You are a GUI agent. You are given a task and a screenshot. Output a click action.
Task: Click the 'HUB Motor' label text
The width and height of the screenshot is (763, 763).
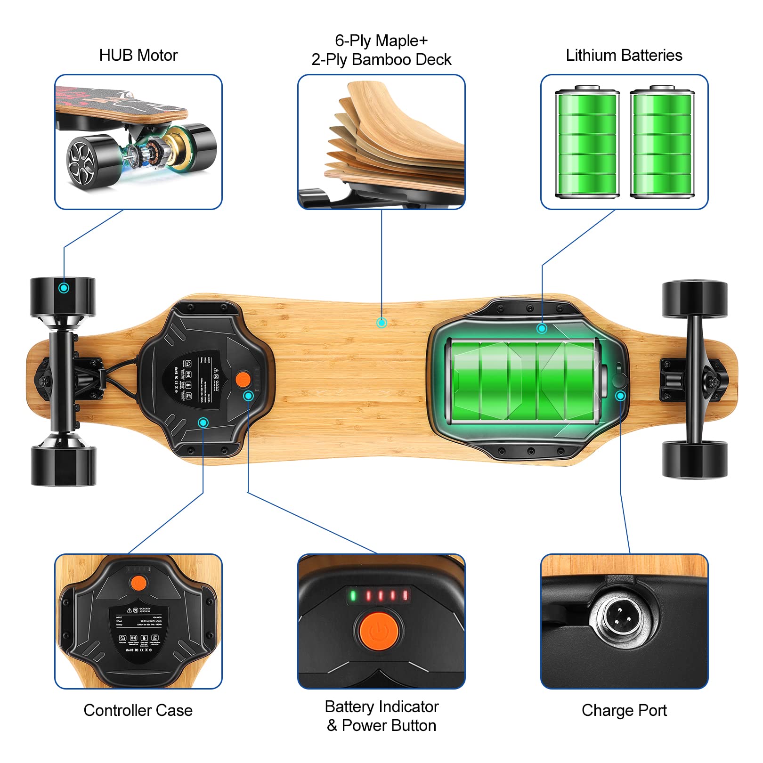(138, 56)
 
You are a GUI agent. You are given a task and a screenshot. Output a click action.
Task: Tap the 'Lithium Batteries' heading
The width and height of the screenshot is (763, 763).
(624, 56)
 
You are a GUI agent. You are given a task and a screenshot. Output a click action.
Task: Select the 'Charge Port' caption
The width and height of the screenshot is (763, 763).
(624, 710)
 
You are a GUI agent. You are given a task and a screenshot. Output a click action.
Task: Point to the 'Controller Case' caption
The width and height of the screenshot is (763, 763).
(138, 710)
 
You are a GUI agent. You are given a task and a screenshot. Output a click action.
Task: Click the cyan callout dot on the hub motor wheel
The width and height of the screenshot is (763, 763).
(64, 288)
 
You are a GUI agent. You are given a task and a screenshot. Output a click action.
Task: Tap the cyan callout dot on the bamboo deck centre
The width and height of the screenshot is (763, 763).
(381, 323)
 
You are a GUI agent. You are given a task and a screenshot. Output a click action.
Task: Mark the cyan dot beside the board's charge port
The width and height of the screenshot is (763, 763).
(620, 396)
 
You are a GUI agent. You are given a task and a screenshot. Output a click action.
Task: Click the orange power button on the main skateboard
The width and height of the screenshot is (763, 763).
(243, 380)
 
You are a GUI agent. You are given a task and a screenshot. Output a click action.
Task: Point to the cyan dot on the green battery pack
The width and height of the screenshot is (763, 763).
(542, 328)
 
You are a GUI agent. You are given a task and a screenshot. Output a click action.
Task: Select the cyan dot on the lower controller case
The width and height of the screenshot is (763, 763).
(203, 422)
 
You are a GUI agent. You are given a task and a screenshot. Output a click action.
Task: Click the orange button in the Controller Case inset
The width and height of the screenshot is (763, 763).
(138, 583)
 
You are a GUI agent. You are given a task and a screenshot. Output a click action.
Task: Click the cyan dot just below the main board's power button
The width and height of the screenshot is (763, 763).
(248, 396)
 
